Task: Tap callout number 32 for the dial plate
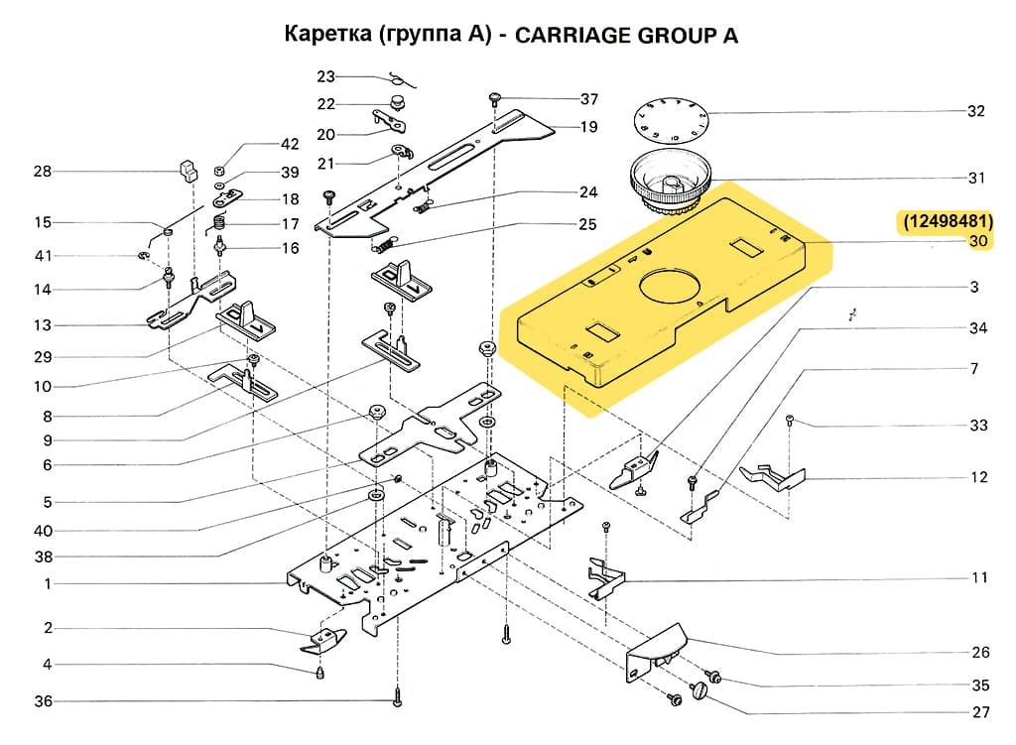[976, 111]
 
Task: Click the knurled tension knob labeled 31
[669, 183]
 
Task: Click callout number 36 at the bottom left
[44, 702]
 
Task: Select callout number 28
[43, 172]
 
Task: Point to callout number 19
[589, 127]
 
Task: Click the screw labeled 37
[494, 97]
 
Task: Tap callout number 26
[980, 652]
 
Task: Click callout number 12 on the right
[979, 477]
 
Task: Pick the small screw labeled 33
[789, 420]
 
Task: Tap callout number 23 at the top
[326, 76]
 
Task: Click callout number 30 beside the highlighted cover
[978, 241]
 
